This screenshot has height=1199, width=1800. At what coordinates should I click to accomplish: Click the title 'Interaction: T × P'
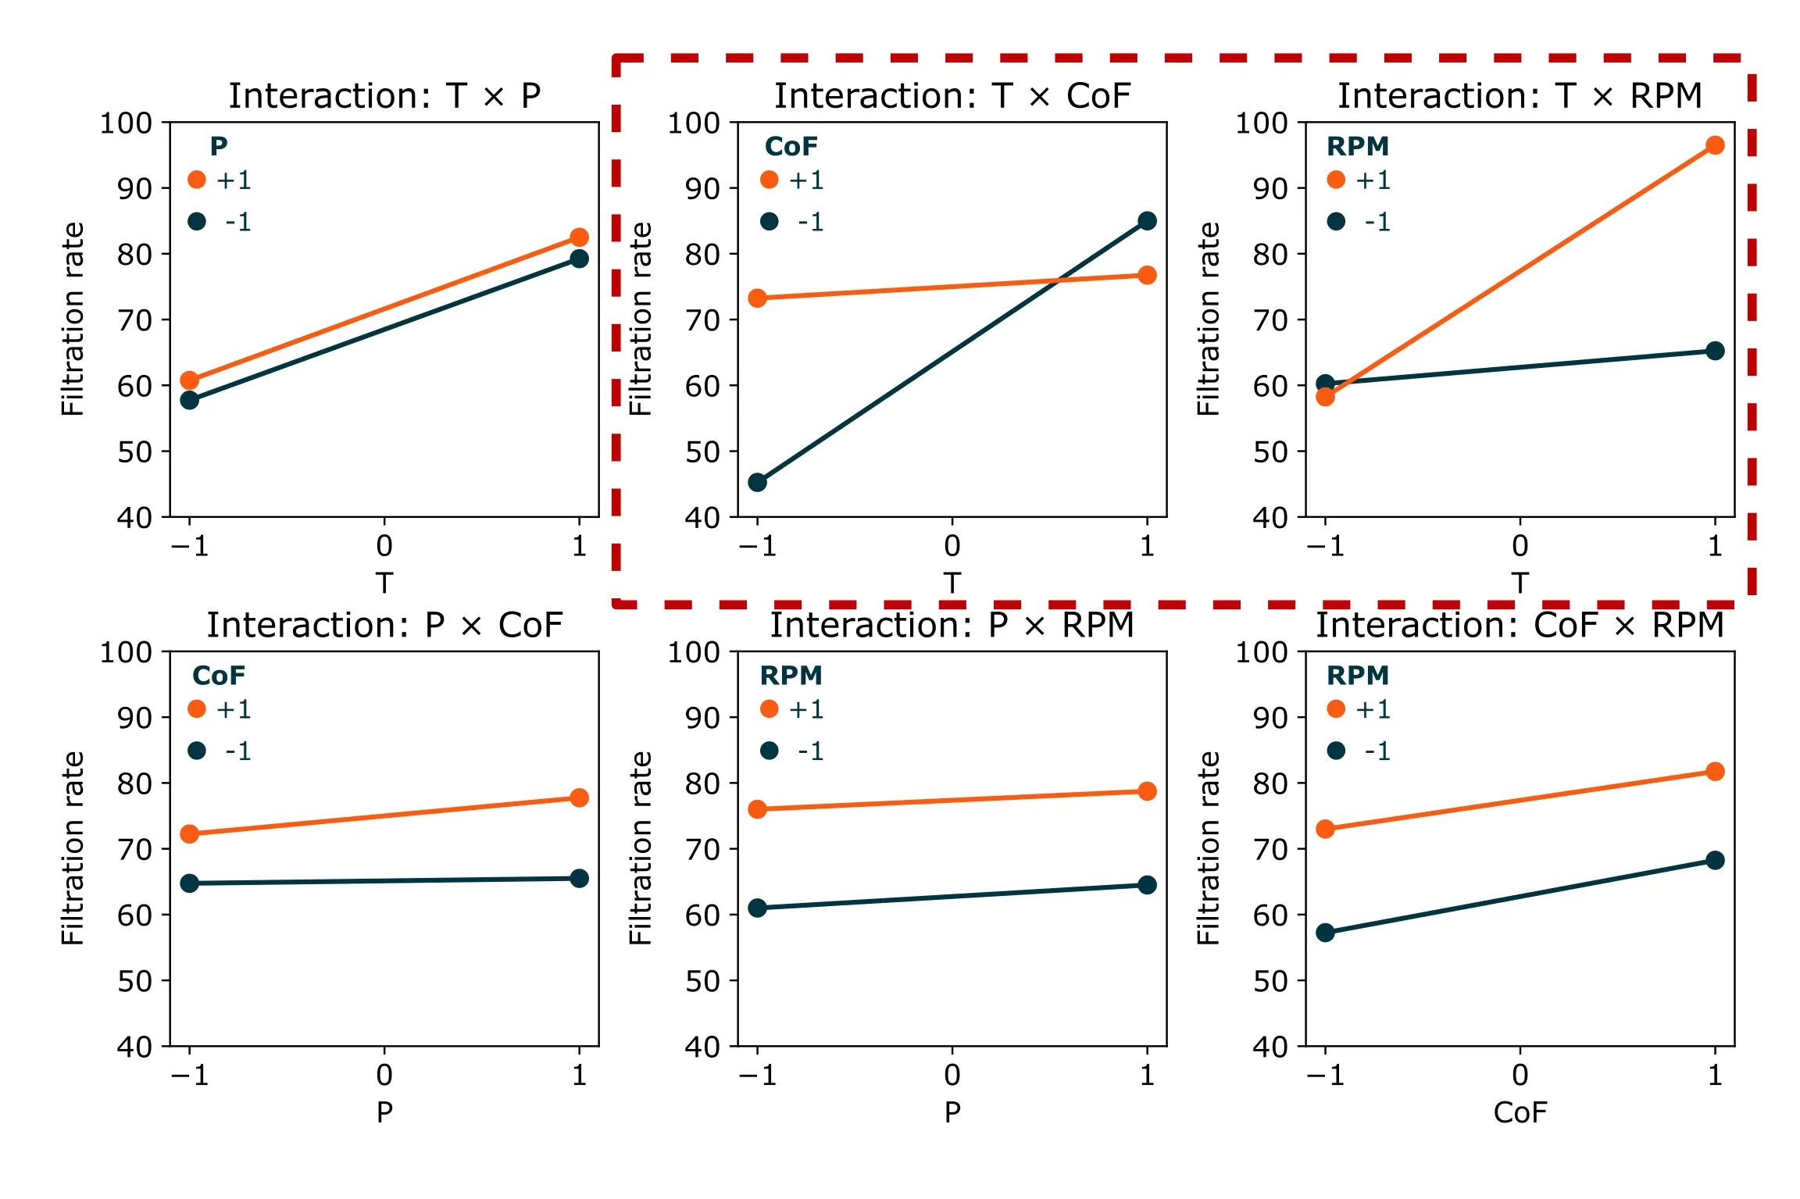click(x=384, y=96)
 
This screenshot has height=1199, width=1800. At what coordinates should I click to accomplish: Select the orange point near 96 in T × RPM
click(x=1714, y=145)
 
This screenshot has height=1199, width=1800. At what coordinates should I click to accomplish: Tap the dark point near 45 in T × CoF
click(x=757, y=482)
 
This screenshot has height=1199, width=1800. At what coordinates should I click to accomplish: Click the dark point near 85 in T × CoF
click(x=1147, y=221)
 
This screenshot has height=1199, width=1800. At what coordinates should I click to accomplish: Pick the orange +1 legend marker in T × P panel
click(x=197, y=180)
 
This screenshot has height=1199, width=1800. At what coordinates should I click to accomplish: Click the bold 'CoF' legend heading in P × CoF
click(x=219, y=676)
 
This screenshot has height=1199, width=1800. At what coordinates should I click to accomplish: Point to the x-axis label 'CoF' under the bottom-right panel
click(x=1520, y=1112)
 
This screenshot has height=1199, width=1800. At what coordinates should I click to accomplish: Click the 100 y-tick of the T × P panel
click(x=125, y=123)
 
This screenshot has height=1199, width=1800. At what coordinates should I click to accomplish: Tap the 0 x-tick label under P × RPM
click(x=952, y=1075)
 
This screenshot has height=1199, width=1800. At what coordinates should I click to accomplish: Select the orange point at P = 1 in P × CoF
click(x=579, y=798)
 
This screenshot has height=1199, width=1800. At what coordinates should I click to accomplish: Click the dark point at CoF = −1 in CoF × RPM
click(x=1325, y=933)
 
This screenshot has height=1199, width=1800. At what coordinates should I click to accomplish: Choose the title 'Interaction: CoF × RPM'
click(x=1520, y=626)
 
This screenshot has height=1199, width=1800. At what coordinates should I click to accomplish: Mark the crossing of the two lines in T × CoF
click(x=1058, y=280)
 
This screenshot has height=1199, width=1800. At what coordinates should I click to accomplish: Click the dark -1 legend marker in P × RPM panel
click(x=770, y=751)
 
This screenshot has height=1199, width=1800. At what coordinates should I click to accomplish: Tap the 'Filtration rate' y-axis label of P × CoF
click(x=72, y=848)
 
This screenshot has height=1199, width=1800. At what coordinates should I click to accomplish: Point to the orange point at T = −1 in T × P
click(x=189, y=380)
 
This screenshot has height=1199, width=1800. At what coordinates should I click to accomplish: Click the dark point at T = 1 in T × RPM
click(x=1714, y=351)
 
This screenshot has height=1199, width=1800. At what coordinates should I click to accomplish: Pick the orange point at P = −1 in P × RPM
click(x=757, y=809)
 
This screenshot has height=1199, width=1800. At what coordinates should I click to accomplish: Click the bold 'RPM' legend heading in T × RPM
click(x=1358, y=146)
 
